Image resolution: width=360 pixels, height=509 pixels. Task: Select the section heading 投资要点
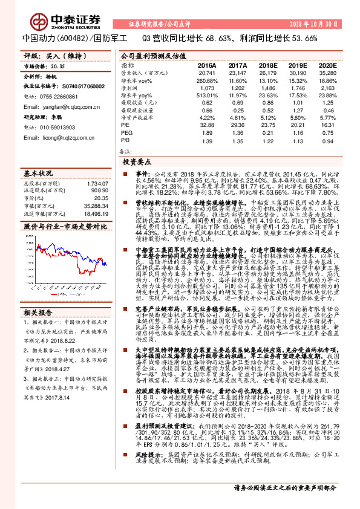coord(137,163)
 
